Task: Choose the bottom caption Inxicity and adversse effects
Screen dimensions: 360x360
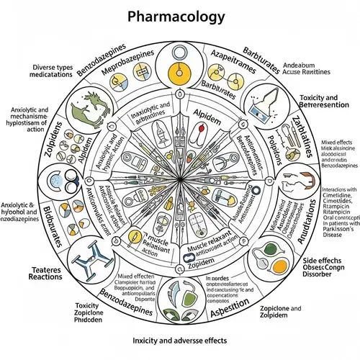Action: pyautogui.click(x=179, y=339)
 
